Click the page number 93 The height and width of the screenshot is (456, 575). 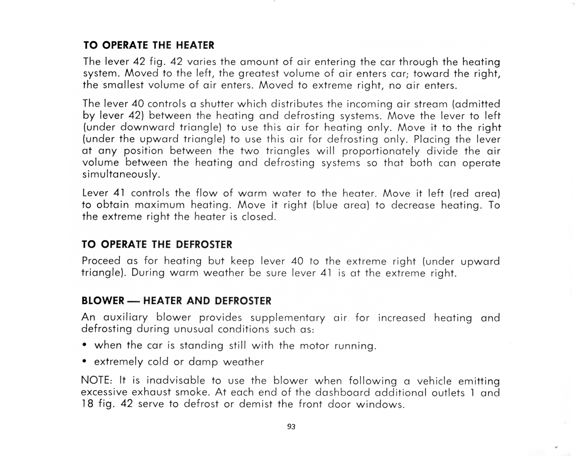pos(291,427)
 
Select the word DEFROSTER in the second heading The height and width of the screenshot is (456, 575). pos(204,245)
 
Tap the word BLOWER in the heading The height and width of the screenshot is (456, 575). pos(103,301)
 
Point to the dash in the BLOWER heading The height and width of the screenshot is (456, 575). pos(134,301)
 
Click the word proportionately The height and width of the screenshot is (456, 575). pos(381,151)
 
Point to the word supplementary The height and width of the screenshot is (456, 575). pos(287,318)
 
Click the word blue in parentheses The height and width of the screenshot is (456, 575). pos(327,205)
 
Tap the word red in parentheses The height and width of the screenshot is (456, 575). pos(460,193)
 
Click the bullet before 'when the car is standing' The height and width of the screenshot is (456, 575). pos(84,345)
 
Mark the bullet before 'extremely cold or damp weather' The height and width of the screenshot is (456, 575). pos(84,362)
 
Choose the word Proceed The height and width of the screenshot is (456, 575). pos(101,261)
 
